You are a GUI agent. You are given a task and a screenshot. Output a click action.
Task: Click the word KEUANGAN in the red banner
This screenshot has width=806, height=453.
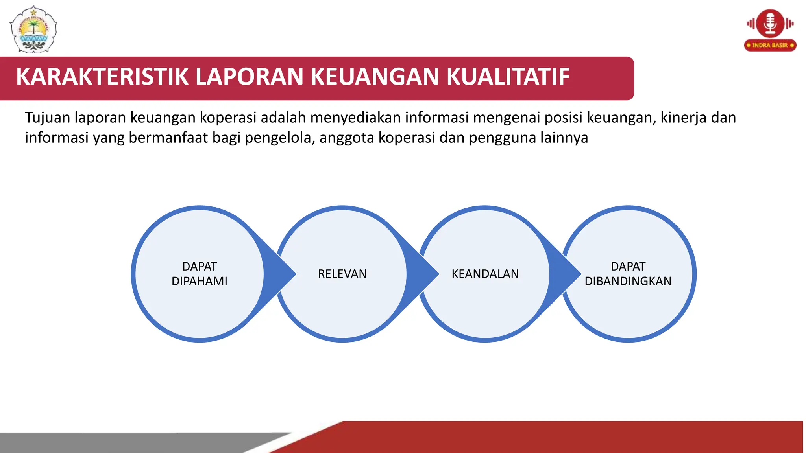click(374, 77)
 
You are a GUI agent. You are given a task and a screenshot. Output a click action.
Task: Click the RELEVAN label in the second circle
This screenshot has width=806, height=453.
click(342, 274)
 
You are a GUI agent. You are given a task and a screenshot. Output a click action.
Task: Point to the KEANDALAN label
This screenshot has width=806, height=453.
click(485, 274)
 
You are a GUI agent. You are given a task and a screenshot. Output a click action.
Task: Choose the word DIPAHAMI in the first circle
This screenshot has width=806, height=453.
click(200, 281)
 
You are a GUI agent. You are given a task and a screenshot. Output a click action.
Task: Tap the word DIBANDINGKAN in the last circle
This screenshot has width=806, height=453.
click(628, 281)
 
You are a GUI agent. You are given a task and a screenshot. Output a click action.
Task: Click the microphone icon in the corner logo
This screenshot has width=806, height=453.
click(770, 24)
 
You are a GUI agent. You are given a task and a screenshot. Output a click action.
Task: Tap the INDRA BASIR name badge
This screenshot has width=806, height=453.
click(770, 45)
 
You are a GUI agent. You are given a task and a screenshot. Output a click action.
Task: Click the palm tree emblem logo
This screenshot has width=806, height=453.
click(34, 29)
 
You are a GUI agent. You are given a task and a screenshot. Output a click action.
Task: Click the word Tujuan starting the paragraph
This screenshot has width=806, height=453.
click(47, 118)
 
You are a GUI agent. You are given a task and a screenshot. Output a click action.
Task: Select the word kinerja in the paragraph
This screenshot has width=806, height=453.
click(683, 118)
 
